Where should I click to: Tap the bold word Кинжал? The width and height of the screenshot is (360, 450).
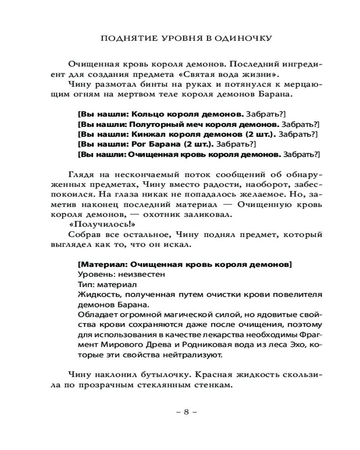pyautogui.click(x=146, y=134)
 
